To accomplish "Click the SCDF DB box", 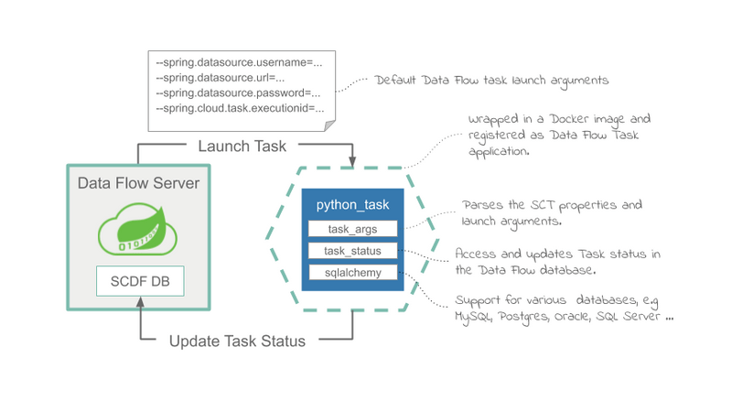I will click(139, 281).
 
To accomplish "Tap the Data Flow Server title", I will click(139, 183).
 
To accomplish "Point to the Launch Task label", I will click(242, 146).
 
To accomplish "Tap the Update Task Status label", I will click(237, 341).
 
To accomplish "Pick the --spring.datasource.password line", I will click(238, 93).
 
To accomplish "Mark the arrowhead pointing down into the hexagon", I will click(352, 163).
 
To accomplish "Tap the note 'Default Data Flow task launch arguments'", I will click(491, 81).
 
